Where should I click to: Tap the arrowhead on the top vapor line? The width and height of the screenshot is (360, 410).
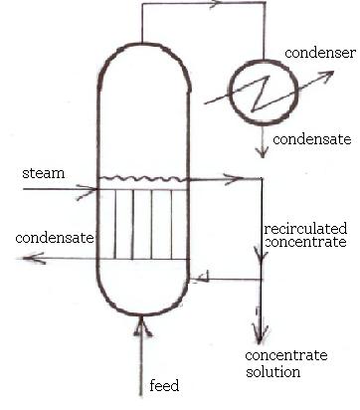pos(213,5)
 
